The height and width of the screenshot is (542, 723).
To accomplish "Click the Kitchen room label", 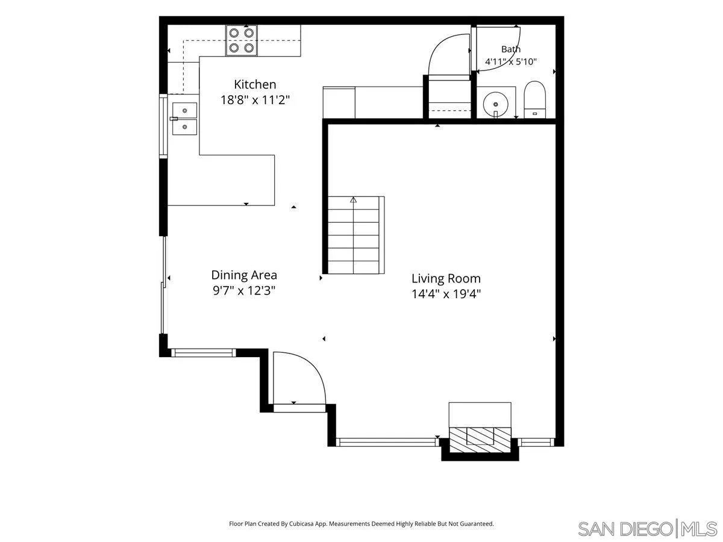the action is click(x=255, y=84).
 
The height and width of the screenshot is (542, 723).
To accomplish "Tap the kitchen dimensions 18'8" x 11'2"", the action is click(x=255, y=100).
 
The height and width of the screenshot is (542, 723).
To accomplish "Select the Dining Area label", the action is click(x=244, y=275).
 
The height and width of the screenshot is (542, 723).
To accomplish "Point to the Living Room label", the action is click(x=446, y=279).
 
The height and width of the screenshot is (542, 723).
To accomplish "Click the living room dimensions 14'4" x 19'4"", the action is click(x=446, y=293).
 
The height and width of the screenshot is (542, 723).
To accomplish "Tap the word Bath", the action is click(x=511, y=49).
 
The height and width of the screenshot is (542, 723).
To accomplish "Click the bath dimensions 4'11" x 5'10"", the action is click(x=511, y=61).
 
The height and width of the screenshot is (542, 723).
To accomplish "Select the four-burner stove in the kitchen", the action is click(x=242, y=40).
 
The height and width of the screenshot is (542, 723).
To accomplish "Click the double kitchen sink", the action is click(x=184, y=119).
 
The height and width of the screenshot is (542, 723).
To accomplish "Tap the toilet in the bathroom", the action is click(x=534, y=100).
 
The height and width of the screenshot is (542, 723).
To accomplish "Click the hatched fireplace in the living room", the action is click(x=480, y=440).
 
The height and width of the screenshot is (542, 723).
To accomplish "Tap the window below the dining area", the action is click(x=204, y=353).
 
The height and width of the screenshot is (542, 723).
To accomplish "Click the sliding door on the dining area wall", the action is click(x=163, y=285).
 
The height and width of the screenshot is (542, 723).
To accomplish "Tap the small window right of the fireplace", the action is click(x=536, y=442).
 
